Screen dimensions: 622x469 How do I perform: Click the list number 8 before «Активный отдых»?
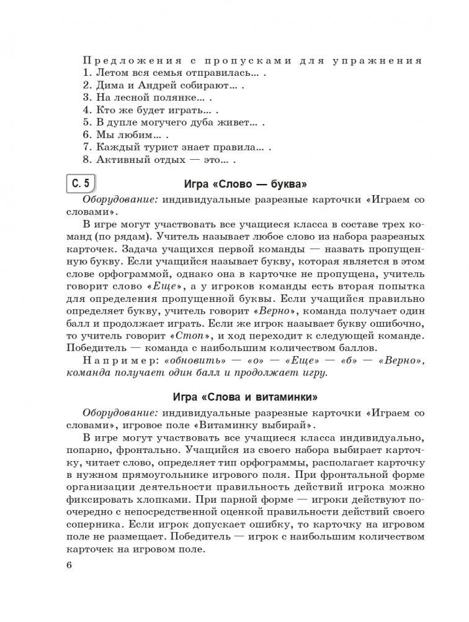[85, 160]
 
